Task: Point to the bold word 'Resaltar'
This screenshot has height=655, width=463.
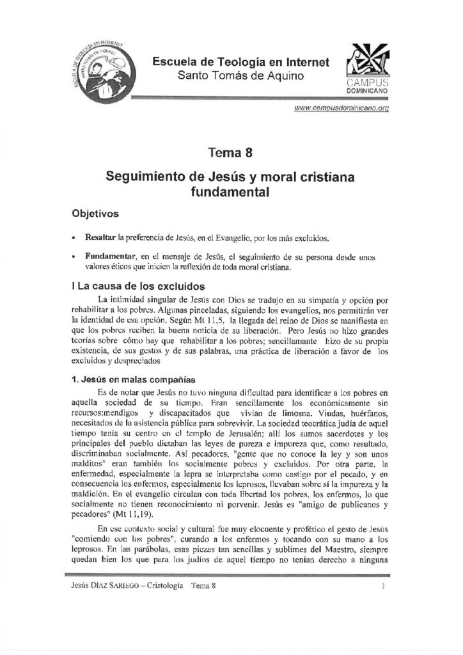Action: [x=97, y=238]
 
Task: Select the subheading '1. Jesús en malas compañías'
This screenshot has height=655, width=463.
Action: [x=137, y=378]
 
